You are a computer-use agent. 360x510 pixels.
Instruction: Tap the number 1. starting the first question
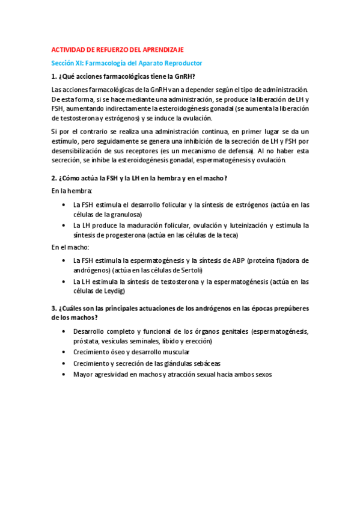pos(54,76)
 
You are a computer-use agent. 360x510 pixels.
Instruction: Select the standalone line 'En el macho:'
pos(70,247)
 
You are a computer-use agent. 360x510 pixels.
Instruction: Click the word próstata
pos(87,341)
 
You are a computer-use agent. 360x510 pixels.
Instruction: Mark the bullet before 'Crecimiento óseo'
pos(64,352)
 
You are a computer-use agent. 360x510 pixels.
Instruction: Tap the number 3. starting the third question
pos(54,309)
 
